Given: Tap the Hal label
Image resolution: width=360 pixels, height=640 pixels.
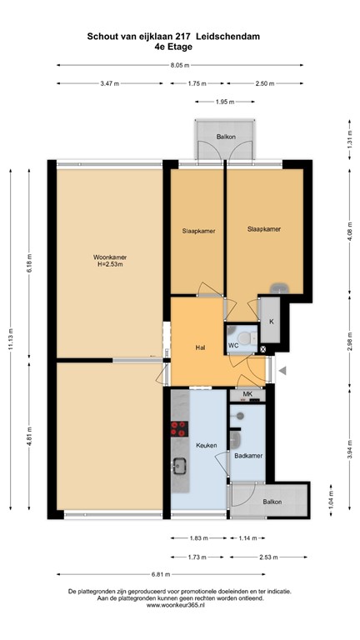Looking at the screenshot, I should (x=200, y=347).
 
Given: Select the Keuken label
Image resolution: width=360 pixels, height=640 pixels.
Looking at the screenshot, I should (x=206, y=446).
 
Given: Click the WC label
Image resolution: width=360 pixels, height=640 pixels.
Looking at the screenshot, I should (x=234, y=343).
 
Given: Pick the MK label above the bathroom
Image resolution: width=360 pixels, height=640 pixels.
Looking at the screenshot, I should (x=247, y=394).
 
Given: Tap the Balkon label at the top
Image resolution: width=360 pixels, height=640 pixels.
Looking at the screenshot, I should (x=225, y=137).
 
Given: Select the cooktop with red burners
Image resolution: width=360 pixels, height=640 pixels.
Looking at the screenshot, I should (x=178, y=430).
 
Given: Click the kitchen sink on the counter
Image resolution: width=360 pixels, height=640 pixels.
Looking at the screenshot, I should (x=178, y=465).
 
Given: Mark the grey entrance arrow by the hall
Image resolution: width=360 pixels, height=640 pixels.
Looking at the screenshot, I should (x=282, y=371).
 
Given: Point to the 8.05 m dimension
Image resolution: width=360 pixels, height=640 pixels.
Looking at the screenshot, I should (x=181, y=64).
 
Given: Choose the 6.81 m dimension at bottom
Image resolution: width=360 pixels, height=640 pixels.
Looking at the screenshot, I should (x=181, y=575).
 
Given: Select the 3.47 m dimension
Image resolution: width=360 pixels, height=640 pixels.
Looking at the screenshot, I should (x=108, y=83).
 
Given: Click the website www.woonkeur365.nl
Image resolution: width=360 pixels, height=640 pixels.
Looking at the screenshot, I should (x=180, y=605).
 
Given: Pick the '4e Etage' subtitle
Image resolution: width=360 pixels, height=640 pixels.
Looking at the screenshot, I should (x=179, y=47).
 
